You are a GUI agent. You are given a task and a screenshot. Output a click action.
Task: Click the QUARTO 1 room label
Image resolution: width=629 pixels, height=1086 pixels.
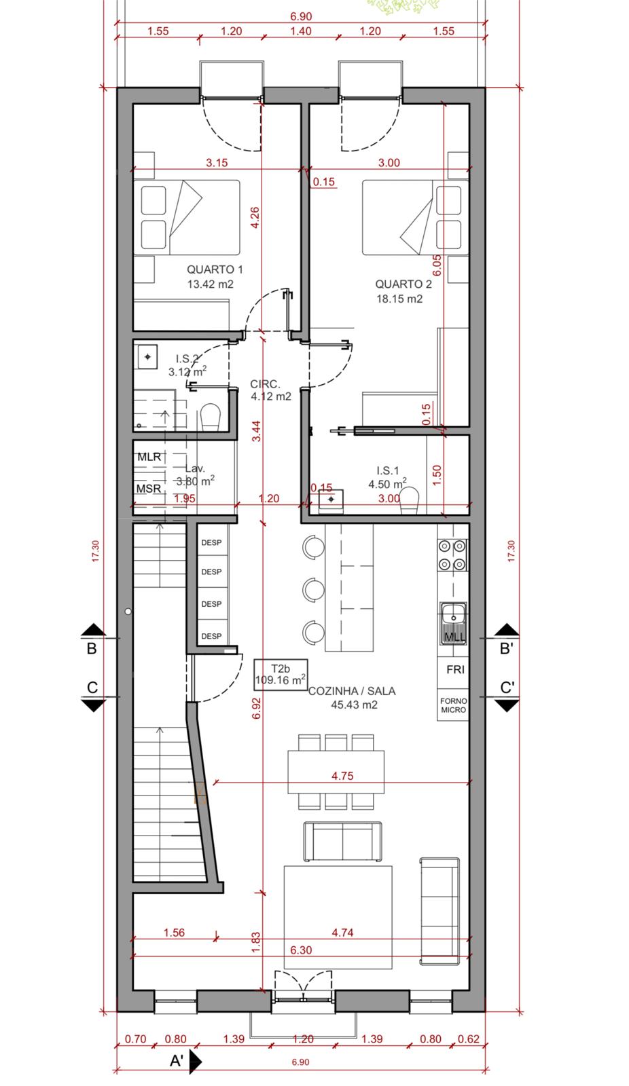pyautogui.click(x=215, y=269)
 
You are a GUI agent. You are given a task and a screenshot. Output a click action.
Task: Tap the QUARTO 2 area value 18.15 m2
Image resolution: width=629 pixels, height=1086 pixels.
pyautogui.click(x=399, y=299)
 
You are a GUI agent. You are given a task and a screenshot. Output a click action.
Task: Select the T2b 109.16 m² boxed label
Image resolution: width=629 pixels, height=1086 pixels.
pyautogui.click(x=280, y=674)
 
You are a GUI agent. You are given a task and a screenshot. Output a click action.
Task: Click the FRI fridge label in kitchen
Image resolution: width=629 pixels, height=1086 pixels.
pyautogui.click(x=455, y=669)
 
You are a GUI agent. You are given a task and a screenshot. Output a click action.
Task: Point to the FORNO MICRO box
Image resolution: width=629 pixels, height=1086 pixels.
pyautogui.click(x=453, y=705)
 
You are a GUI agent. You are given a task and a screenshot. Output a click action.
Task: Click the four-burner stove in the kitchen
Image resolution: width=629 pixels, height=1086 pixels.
pyautogui.click(x=452, y=553)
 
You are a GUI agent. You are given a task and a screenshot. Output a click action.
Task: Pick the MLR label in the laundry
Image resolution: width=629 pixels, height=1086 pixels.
pyautogui.click(x=149, y=457)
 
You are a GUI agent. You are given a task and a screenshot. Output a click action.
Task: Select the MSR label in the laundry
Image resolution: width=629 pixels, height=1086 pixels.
pyautogui.click(x=149, y=489)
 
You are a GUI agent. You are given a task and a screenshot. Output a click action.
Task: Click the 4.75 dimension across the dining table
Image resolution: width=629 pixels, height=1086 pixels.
pyautogui.click(x=342, y=776)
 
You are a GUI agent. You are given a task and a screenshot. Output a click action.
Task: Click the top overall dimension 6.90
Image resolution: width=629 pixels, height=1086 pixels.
pyautogui.click(x=301, y=16)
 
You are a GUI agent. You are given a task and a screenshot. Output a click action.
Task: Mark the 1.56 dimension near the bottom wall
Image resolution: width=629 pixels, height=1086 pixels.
pyautogui.click(x=174, y=933)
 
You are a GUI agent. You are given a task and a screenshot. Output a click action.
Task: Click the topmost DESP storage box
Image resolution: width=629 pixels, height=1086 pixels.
pyautogui.click(x=211, y=543)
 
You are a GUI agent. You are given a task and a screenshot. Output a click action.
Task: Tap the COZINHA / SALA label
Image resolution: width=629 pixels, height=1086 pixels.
pyautogui.click(x=352, y=691)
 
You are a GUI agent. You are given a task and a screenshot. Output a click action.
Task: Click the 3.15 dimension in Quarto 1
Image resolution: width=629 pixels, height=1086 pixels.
pyautogui.click(x=217, y=163)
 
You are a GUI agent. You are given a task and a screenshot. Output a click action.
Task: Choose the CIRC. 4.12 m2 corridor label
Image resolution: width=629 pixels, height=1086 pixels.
pyautogui.click(x=270, y=390)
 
